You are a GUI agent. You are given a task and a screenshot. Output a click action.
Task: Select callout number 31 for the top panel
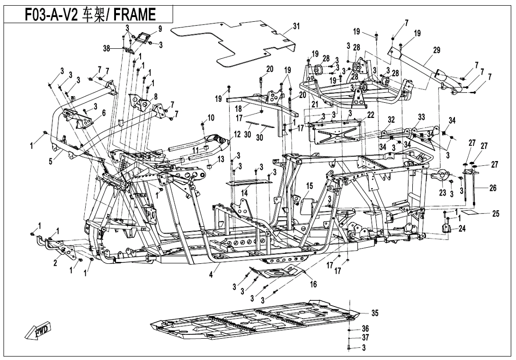coord(296,26)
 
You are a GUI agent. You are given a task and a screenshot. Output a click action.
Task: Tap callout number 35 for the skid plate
coord(375,313)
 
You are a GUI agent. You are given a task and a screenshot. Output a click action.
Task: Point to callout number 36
coord(365,328)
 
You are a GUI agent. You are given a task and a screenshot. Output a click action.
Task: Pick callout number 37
coord(365,338)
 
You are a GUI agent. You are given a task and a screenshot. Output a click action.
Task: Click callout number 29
coord(436,50)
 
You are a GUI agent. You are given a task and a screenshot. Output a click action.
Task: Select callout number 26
coord(493,188)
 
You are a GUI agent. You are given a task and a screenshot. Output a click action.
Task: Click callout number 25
coord(496,214)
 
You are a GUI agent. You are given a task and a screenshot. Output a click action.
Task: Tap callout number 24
coord(462,228)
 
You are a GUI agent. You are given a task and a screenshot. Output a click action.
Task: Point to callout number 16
coord(313,284)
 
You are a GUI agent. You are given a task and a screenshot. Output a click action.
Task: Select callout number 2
coord(55,263)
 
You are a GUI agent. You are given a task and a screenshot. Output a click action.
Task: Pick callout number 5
coord(50,161)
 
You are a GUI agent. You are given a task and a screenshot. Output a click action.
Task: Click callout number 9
coord(160,29)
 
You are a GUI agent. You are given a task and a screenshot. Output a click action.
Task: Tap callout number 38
coord(107,48)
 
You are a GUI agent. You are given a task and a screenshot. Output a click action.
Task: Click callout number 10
coord(211,117)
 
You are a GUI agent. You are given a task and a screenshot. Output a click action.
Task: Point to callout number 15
coord(310,185)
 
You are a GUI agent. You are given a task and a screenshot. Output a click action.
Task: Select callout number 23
coord(443,193)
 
